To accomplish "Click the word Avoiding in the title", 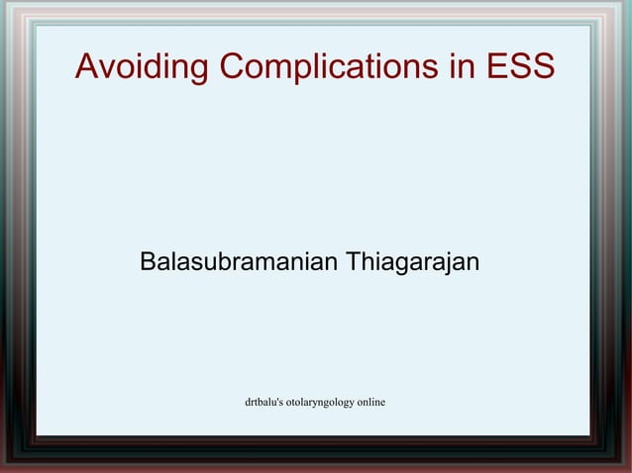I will [x=143, y=66].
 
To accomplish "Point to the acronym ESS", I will [x=517, y=66].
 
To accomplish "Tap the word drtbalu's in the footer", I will [x=263, y=402].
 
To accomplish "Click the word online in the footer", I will [x=371, y=402].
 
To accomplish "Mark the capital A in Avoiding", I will [x=88, y=66].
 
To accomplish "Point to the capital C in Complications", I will [x=235, y=66].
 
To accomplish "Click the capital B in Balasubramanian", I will [x=148, y=262].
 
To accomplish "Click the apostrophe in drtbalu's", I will [x=277, y=399].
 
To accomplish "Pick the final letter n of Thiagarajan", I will [x=474, y=264].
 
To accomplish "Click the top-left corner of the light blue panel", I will [x=37, y=26].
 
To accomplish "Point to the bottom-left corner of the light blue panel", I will [x=37, y=434].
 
